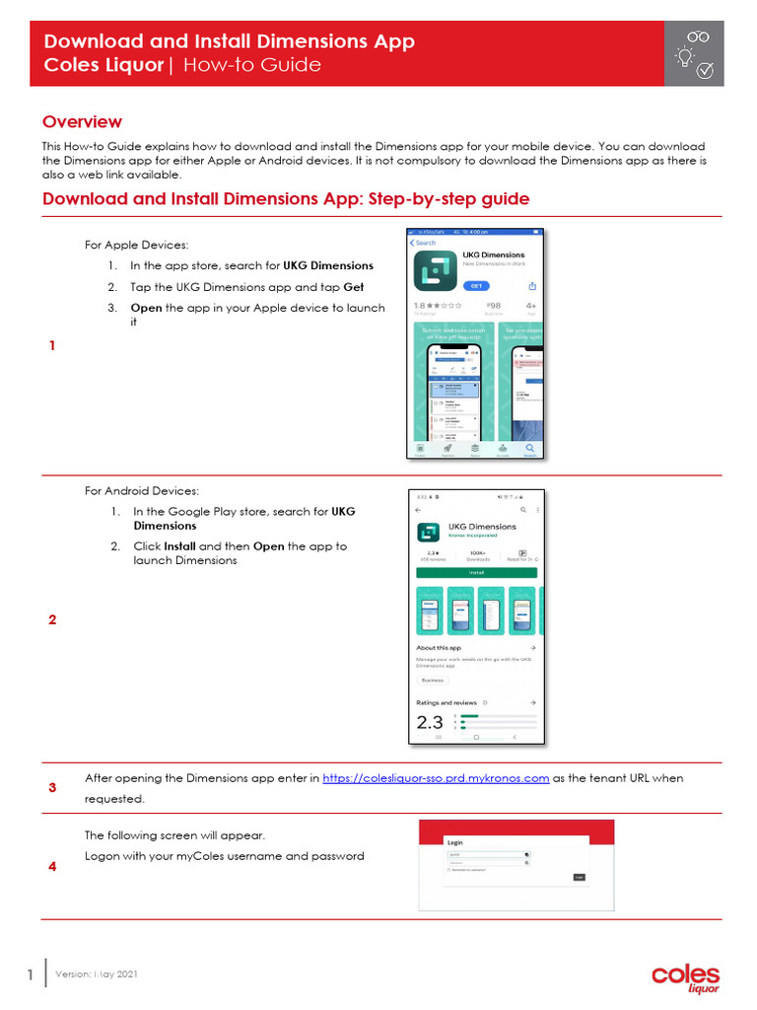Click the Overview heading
[x=82, y=122]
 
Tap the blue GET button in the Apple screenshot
[x=476, y=285]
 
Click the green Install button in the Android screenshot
[x=476, y=571]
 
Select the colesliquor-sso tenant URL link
[x=436, y=778]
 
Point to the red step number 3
[x=52, y=788]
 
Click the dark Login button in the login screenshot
[x=579, y=876]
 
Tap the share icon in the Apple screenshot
[x=532, y=285]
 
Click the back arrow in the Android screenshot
[x=418, y=510]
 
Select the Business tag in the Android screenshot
[x=432, y=680]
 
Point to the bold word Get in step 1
[x=353, y=287]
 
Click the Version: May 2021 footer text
[x=103, y=974]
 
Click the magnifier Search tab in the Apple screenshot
[x=530, y=448]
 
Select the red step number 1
[x=52, y=346]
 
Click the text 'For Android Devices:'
[x=141, y=490]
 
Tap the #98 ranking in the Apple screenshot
[x=495, y=306]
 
